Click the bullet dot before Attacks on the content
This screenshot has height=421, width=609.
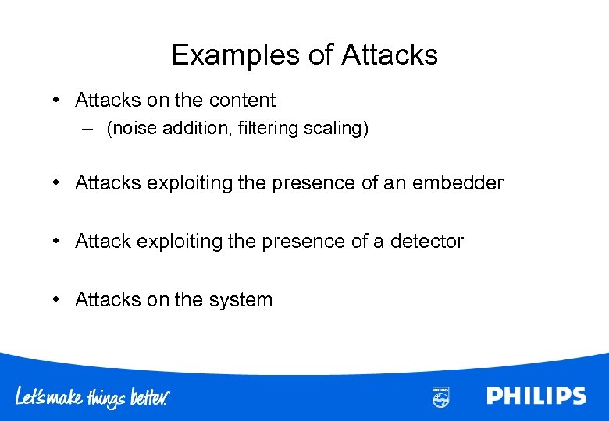pos(58,101)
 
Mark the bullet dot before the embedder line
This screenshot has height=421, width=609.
pos(58,183)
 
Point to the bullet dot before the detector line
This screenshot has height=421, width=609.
pos(58,242)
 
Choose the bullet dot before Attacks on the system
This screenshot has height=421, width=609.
pos(58,300)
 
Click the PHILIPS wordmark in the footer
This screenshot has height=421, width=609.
pos(536,396)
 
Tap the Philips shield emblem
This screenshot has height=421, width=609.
pos(440,396)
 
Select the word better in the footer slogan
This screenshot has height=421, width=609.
pos(148,398)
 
